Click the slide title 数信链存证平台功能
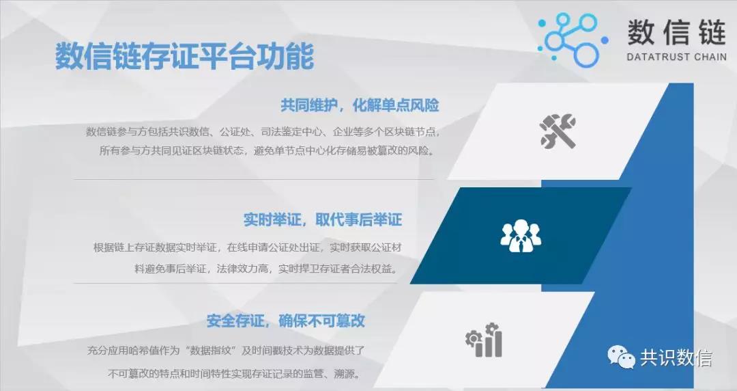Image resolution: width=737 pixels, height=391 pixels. click(x=184, y=57)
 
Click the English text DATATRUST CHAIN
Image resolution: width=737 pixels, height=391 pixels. click(x=676, y=57)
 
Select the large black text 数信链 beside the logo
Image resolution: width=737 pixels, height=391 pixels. click(x=676, y=32)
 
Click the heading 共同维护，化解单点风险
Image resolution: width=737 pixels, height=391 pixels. click(x=360, y=105)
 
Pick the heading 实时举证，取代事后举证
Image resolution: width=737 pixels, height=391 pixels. click(x=322, y=219)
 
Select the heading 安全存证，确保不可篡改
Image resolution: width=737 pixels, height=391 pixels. click(x=285, y=321)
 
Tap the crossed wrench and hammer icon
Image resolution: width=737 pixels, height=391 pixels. click(x=558, y=131)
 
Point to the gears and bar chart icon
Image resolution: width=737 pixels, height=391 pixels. click(x=484, y=340)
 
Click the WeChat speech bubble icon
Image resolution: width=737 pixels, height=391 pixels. click(x=621, y=357)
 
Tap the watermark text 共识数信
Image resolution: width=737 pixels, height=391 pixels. click(x=676, y=358)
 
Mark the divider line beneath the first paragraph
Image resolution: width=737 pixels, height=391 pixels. click(x=254, y=180)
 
